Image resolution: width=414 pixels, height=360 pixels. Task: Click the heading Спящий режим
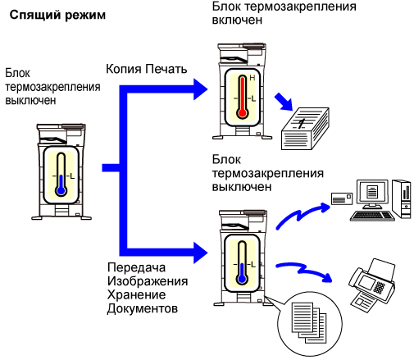(57, 16)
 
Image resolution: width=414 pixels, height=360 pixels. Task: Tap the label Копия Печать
(146, 69)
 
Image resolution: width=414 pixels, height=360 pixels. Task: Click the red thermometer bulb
(242, 112)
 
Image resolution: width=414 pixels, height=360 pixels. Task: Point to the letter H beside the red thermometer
(252, 78)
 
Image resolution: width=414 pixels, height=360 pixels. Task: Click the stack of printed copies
(305, 129)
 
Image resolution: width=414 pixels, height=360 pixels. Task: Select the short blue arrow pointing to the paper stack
(284, 102)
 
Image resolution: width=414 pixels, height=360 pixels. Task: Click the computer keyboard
(372, 216)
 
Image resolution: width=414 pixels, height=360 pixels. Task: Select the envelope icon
(342, 198)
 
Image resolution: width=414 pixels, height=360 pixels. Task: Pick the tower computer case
(402, 198)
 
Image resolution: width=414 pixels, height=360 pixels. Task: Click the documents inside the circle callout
(309, 322)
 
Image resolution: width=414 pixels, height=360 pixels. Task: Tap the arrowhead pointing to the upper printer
(201, 89)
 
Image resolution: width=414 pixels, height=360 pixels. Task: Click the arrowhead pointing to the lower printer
(201, 253)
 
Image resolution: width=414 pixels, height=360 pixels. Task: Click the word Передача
(136, 267)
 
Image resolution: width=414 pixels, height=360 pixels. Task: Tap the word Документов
(143, 308)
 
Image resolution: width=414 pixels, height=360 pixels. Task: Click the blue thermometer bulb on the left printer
(61, 190)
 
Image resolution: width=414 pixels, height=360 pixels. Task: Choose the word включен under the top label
(237, 20)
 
